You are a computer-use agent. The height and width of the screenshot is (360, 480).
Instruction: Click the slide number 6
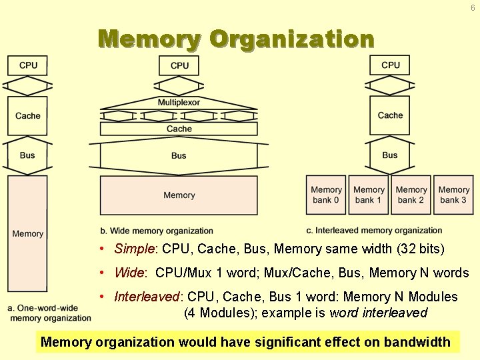473,8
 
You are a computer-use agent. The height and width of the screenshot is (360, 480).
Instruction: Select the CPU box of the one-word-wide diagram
28,65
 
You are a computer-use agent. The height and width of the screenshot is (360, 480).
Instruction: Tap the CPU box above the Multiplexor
179,65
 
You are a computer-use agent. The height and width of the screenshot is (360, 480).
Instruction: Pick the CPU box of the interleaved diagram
391,65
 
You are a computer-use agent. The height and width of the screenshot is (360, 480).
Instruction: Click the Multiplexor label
179,103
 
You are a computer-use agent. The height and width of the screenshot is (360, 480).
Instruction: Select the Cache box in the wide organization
179,129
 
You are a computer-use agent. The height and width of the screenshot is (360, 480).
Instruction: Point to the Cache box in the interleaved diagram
390,115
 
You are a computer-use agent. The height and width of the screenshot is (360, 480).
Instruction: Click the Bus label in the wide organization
179,155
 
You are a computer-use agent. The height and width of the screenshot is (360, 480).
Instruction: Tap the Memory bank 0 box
326,195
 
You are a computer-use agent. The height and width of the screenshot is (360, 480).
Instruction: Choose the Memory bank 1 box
369,195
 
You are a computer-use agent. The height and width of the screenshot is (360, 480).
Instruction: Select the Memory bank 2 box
411,195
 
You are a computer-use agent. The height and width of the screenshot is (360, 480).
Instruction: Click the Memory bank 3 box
454,195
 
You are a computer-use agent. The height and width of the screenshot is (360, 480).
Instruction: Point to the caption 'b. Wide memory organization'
157,231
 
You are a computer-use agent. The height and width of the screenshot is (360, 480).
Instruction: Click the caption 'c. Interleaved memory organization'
374,231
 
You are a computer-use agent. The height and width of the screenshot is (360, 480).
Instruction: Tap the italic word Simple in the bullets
135,249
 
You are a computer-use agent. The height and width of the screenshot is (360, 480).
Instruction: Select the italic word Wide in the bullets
130,273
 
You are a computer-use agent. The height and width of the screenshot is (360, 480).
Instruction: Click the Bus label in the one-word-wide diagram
27,155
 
